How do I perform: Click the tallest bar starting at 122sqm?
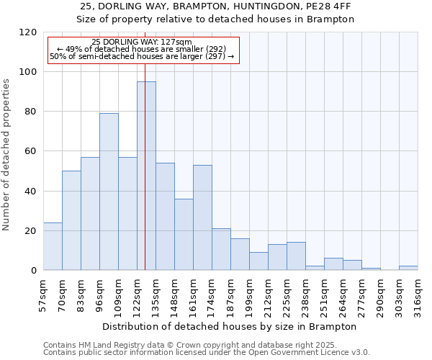click(x=146, y=176)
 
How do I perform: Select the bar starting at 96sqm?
click(x=109, y=192)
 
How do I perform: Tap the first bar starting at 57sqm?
click(x=53, y=246)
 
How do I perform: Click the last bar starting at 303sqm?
click(x=408, y=268)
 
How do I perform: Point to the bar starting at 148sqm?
click(x=184, y=234)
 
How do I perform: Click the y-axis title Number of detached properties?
click(x=6, y=155)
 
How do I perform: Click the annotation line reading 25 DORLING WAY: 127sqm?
click(x=142, y=42)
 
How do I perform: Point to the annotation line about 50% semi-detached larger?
click(x=142, y=56)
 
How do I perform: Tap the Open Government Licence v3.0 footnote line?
click(x=207, y=353)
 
